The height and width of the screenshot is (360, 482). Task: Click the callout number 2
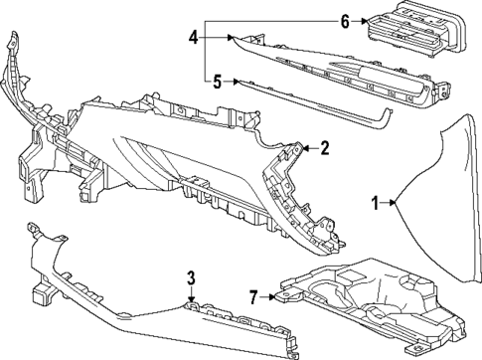325,148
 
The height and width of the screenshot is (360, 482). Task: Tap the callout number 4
194,38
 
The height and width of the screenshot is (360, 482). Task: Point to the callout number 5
218,82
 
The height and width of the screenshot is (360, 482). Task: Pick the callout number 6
345,21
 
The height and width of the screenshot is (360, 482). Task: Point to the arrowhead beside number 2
303,149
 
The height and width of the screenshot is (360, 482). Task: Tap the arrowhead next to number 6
366,21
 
